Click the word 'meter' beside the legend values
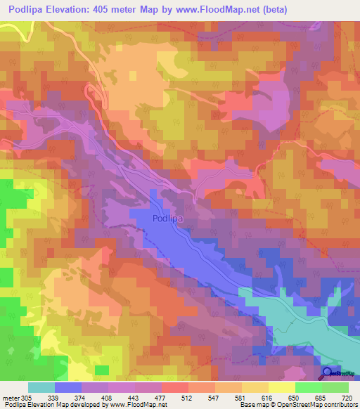pyautogui.click(x=12, y=397)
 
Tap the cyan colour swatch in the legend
pyautogui.click(x=41, y=387)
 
